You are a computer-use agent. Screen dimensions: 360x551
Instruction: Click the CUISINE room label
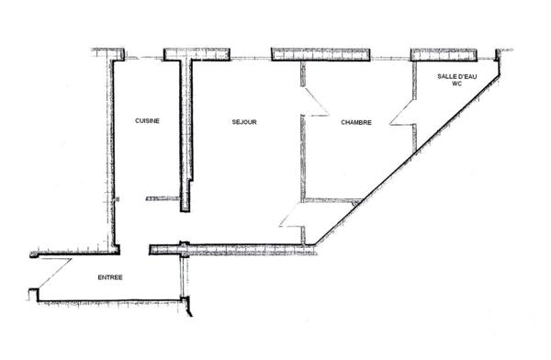pos(147,121)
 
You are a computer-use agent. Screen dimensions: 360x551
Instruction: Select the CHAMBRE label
pos(355,121)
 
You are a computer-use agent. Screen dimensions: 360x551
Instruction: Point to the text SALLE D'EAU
pos(456,76)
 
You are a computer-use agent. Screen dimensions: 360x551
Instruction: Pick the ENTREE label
pos(109,276)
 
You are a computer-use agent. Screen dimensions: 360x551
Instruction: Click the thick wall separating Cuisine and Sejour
pos(186,129)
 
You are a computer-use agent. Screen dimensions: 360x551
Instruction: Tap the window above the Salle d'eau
pos(443,54)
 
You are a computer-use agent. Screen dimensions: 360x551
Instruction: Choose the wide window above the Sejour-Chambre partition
pos(320,55)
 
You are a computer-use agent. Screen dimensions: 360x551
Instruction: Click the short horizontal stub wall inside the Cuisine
pos(163,197)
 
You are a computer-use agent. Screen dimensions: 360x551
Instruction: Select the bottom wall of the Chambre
pos(332,200)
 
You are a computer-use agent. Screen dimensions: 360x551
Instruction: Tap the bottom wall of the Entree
pos(110,300)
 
